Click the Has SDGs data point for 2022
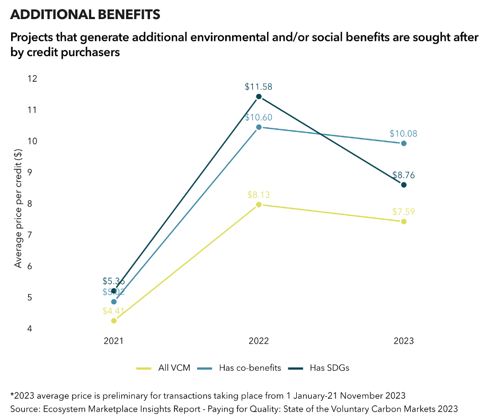point(259,97)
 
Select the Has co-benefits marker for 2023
point(404,143)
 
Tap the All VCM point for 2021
point(113,320)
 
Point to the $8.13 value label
point(259,195)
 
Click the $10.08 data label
point(404,134)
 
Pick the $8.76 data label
point(404,175)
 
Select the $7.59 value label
point(404,212)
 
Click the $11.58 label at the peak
point(259,86)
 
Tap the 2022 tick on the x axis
point(259,341)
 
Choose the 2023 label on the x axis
point(404,341)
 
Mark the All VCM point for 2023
point(404,222)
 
